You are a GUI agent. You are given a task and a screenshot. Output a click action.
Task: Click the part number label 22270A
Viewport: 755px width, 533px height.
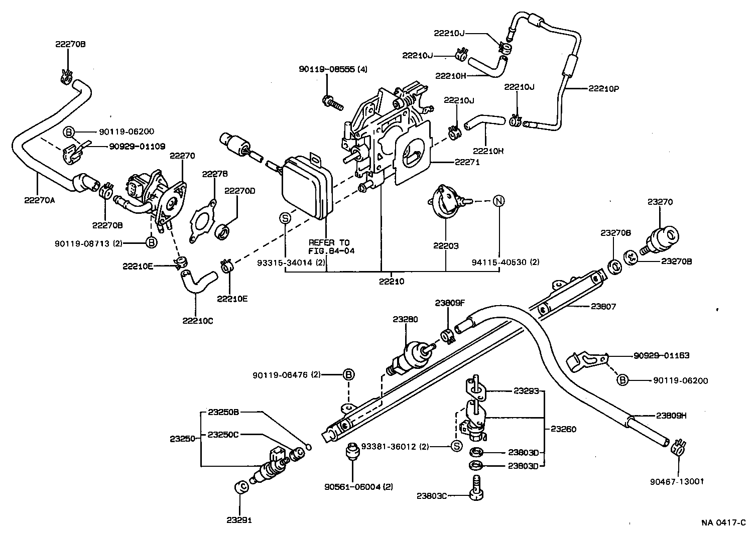pos(39,200)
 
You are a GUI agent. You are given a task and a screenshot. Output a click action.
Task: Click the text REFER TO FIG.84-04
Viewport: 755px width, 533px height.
pos(331,246)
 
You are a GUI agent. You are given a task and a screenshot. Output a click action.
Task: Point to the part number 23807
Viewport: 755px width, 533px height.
pos(603,306)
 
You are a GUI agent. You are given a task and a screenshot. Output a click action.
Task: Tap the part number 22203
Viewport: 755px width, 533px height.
pos(446,246)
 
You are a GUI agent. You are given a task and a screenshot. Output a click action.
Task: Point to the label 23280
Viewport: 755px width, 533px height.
pos(405,319)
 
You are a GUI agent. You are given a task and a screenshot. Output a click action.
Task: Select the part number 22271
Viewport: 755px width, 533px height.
pos(467,162)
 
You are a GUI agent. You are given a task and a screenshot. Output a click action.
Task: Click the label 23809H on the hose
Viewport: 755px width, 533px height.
pos(671,415)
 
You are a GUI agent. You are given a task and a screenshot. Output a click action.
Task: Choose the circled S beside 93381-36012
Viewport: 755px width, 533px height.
pos(456,446)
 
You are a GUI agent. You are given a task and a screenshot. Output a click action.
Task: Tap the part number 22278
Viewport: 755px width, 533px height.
pos(215,174)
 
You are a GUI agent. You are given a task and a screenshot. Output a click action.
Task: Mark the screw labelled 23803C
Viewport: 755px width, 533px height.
pos(476,490)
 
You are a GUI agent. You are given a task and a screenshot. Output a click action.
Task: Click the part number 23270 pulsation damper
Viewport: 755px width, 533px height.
pos(660,202)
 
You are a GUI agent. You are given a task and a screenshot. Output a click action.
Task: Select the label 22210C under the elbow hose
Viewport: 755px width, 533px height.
pos(197,321)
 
